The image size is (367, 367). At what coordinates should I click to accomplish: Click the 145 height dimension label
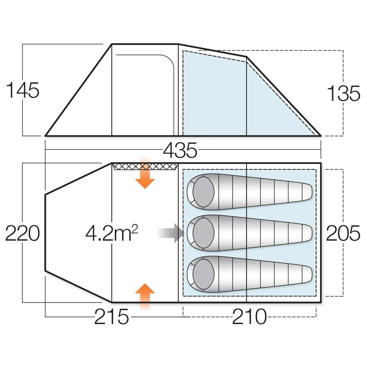[23, 90]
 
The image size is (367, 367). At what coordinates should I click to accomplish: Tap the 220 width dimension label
[23, 233]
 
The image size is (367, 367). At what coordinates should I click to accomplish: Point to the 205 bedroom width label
[343, 233]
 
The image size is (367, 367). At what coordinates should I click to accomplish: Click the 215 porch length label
[111, 317]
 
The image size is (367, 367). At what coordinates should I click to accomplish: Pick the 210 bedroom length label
[249, 317]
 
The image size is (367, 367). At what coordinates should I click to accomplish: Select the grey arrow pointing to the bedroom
[172, 233]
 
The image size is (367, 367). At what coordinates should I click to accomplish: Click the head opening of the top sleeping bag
[203, 192]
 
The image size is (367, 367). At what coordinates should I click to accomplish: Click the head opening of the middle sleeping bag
[203, 233]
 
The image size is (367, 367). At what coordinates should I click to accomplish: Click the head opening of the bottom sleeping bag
[203, 274]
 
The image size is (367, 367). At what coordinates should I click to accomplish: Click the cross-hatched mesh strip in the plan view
[145, 167]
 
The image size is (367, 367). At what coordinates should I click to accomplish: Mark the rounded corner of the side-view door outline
[169, 60]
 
